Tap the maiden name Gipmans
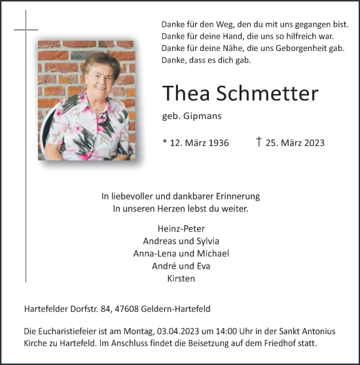pos(202,116)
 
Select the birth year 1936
pos(215,143)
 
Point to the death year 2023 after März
pos(312,143)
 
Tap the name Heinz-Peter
pos(181,228)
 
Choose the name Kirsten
pos(181,278)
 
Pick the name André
pos(164,266)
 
